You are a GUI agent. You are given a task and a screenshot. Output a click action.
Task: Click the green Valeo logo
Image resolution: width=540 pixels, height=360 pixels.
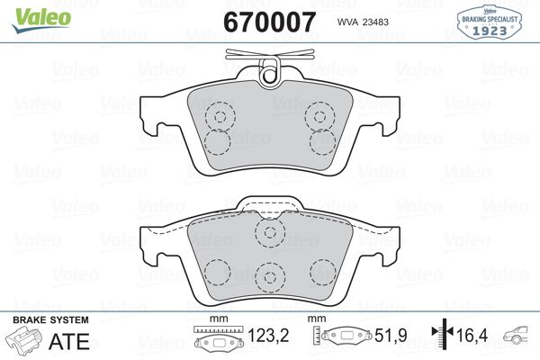pos(41,20)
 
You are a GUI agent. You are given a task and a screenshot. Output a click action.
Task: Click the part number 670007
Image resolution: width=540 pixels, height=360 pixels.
pos(269,22)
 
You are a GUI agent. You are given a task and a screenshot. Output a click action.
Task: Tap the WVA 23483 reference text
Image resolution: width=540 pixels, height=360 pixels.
pos(363,22)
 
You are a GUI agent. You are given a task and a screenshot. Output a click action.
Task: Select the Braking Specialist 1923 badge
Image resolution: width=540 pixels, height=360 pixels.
pos(490,22)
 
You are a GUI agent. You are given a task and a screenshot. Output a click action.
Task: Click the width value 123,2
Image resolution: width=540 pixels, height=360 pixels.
pos(268,335)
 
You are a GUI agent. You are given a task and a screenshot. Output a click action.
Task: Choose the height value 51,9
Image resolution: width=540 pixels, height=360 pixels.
pos(391,335)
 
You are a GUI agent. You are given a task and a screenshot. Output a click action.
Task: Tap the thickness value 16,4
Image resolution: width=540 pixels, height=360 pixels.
pos(472,335)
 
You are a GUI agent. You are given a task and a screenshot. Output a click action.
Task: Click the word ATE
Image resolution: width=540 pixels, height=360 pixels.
pos(69,341)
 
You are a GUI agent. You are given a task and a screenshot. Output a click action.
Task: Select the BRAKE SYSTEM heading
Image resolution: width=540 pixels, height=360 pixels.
pos(50,320)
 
